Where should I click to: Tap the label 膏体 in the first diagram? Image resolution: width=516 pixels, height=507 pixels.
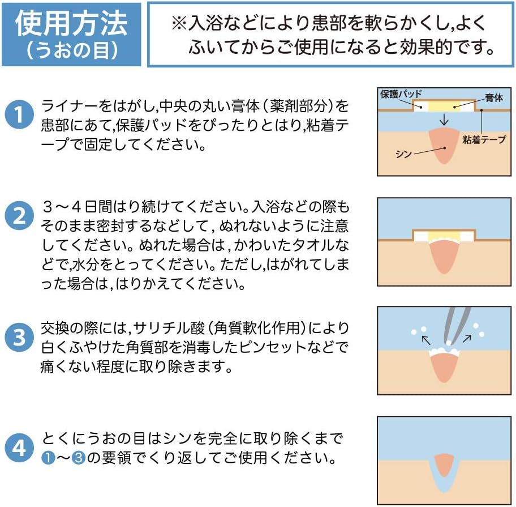coord(493,98)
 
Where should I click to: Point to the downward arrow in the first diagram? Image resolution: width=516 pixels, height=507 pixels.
coord(444,120)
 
